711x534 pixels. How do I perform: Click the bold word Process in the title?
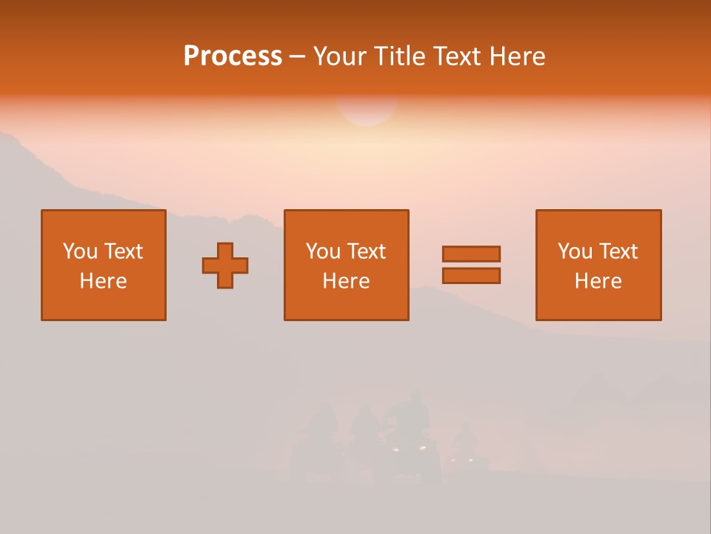(233, 56)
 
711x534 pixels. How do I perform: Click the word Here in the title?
(518, 56)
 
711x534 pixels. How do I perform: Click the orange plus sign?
(225, 266)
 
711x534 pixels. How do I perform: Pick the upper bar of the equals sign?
(471, 254)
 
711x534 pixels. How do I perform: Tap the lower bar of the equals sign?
(471, 275)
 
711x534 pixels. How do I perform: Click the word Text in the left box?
(122, 251)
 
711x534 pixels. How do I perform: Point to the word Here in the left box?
(103, 281)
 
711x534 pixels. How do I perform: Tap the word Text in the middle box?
(365, 251)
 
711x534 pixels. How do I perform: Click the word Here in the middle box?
(346, 281)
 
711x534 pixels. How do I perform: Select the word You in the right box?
(575, 251)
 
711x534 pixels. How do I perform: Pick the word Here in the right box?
(598, 281)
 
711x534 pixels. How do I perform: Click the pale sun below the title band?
(367, 111)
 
